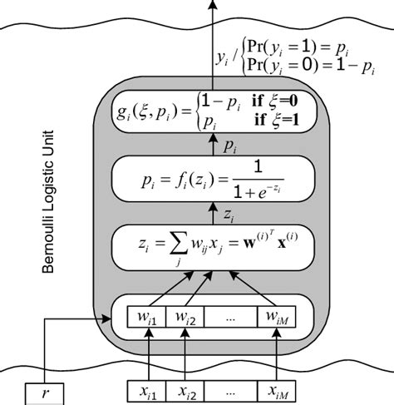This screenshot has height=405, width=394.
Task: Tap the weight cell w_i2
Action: point(185,318)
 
